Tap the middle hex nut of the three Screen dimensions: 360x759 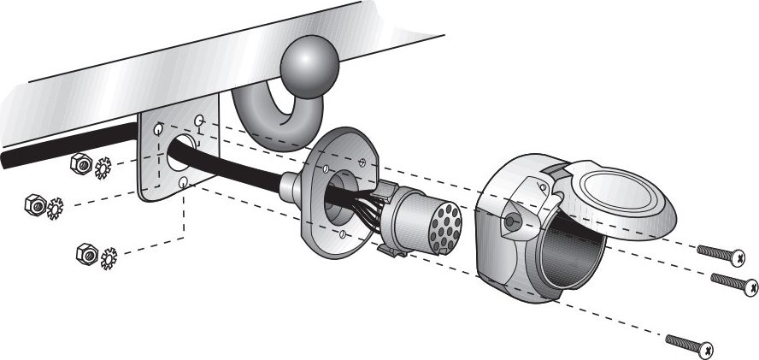point(35,204)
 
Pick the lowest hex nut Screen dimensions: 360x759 point(85,253)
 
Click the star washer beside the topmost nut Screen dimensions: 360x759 point(103,168)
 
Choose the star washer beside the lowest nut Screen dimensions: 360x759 point(109,258)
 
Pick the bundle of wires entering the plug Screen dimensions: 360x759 point(368,212)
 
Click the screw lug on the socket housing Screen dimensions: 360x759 point(512,221)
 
